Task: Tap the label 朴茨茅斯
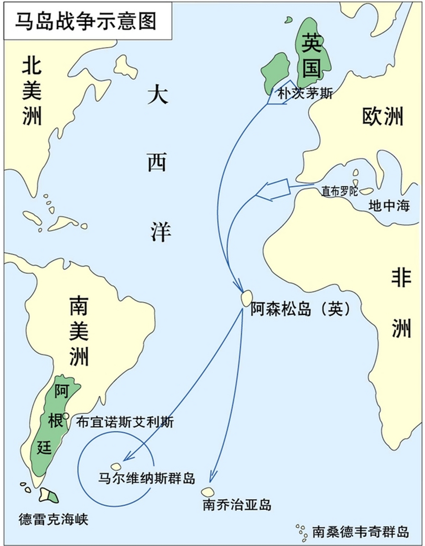[x=305, y=93]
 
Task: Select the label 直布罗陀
[x=340, y=192]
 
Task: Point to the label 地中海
[x=389, y=206]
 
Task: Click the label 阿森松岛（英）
[x=300, y=309]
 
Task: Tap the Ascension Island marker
[x=246, y=297]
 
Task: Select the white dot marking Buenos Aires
[x=66, y=416]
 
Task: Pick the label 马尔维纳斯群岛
[x=146, y=478]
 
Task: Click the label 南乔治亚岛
[x=237, y=505]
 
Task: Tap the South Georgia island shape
[x=208, y=492]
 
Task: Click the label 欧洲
[x=382, y=116]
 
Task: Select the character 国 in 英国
[x=311, y=68]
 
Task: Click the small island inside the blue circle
[x=116, y=467]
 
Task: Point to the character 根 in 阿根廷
[x=56, y=421]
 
